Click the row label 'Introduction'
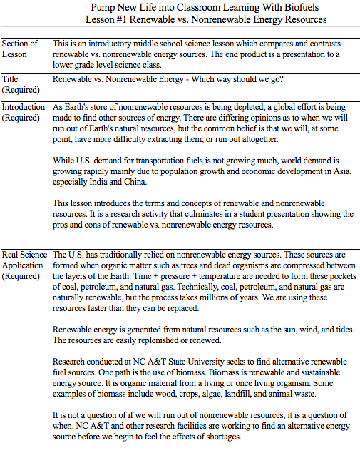24,107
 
